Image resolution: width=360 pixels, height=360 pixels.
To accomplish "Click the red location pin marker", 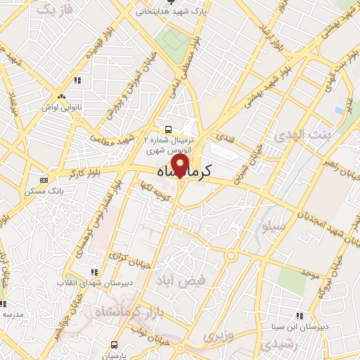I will coord(181,166).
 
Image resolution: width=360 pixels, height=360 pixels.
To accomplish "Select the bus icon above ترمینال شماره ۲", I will coord(168,129).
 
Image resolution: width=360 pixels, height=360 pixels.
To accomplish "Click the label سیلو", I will coord(273,229).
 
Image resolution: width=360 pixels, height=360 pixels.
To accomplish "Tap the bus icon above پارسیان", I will coord(115,345).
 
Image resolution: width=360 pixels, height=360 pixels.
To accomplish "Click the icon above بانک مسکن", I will coord(44,180).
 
